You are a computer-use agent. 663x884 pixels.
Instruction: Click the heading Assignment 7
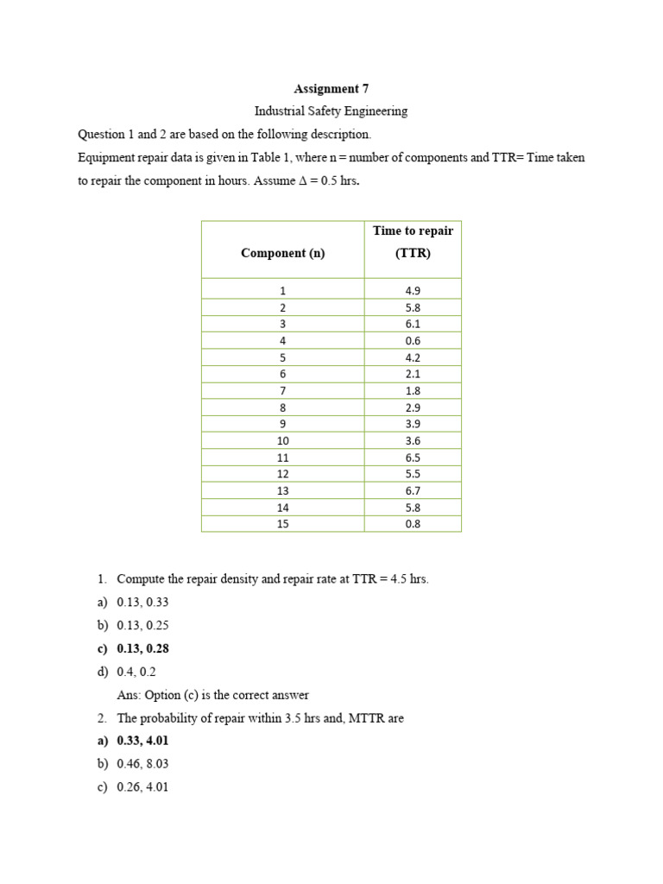(x=325, y=89)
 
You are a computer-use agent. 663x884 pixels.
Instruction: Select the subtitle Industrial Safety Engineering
(x=331, y=111)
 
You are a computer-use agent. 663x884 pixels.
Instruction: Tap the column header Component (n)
(x=282, y=253)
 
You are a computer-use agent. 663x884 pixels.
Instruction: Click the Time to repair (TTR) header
(x=413, y=242)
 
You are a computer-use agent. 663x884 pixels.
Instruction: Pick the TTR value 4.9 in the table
(x=413, y=291)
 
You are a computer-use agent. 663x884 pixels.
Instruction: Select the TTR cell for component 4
(x=413, y=341)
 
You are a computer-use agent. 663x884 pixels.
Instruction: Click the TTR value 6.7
(x=413, y=490)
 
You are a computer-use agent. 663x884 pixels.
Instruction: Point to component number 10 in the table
(x=282, y=440)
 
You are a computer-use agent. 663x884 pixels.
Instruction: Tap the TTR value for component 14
(x=413, y=508)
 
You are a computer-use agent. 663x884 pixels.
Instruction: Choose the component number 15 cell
(x=282, y=524)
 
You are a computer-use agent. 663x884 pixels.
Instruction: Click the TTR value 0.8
(x=413, y=524)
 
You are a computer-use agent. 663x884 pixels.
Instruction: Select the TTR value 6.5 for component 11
(x=413, y=458)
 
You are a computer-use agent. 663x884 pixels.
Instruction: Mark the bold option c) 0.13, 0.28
(x=133, y=649)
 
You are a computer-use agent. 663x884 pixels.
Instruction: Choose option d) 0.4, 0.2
(x=127, y=672)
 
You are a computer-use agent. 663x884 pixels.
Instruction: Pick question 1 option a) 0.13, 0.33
(x=133, y=603)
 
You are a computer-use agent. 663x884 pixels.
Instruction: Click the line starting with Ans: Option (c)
(x=212, y=695)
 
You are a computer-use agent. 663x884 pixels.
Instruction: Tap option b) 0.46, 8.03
(x=133, y=764)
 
